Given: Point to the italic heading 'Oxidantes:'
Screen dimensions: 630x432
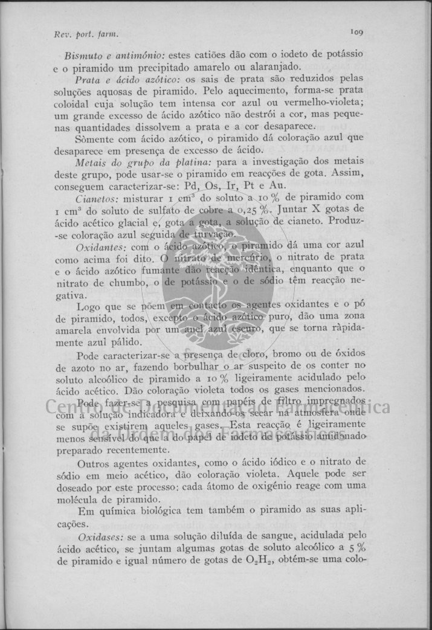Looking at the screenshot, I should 100,248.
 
